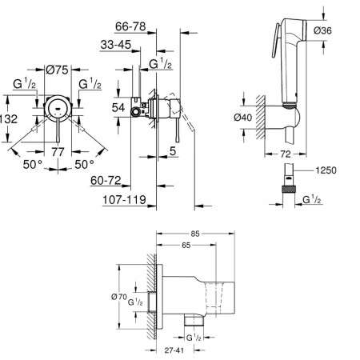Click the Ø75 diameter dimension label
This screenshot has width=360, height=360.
point(57,70)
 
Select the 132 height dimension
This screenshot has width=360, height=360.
point(9,119)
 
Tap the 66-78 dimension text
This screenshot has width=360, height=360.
point(130,26)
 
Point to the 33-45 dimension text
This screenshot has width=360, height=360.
point(116,45)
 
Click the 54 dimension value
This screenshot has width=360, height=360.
point(118,108)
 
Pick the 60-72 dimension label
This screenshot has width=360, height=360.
point(106,181)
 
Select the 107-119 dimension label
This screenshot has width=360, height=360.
point(124,200)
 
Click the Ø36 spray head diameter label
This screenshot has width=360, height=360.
point(322,30)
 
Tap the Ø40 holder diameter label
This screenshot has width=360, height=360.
point(242,118)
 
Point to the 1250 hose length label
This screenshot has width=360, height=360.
point(326,170)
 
